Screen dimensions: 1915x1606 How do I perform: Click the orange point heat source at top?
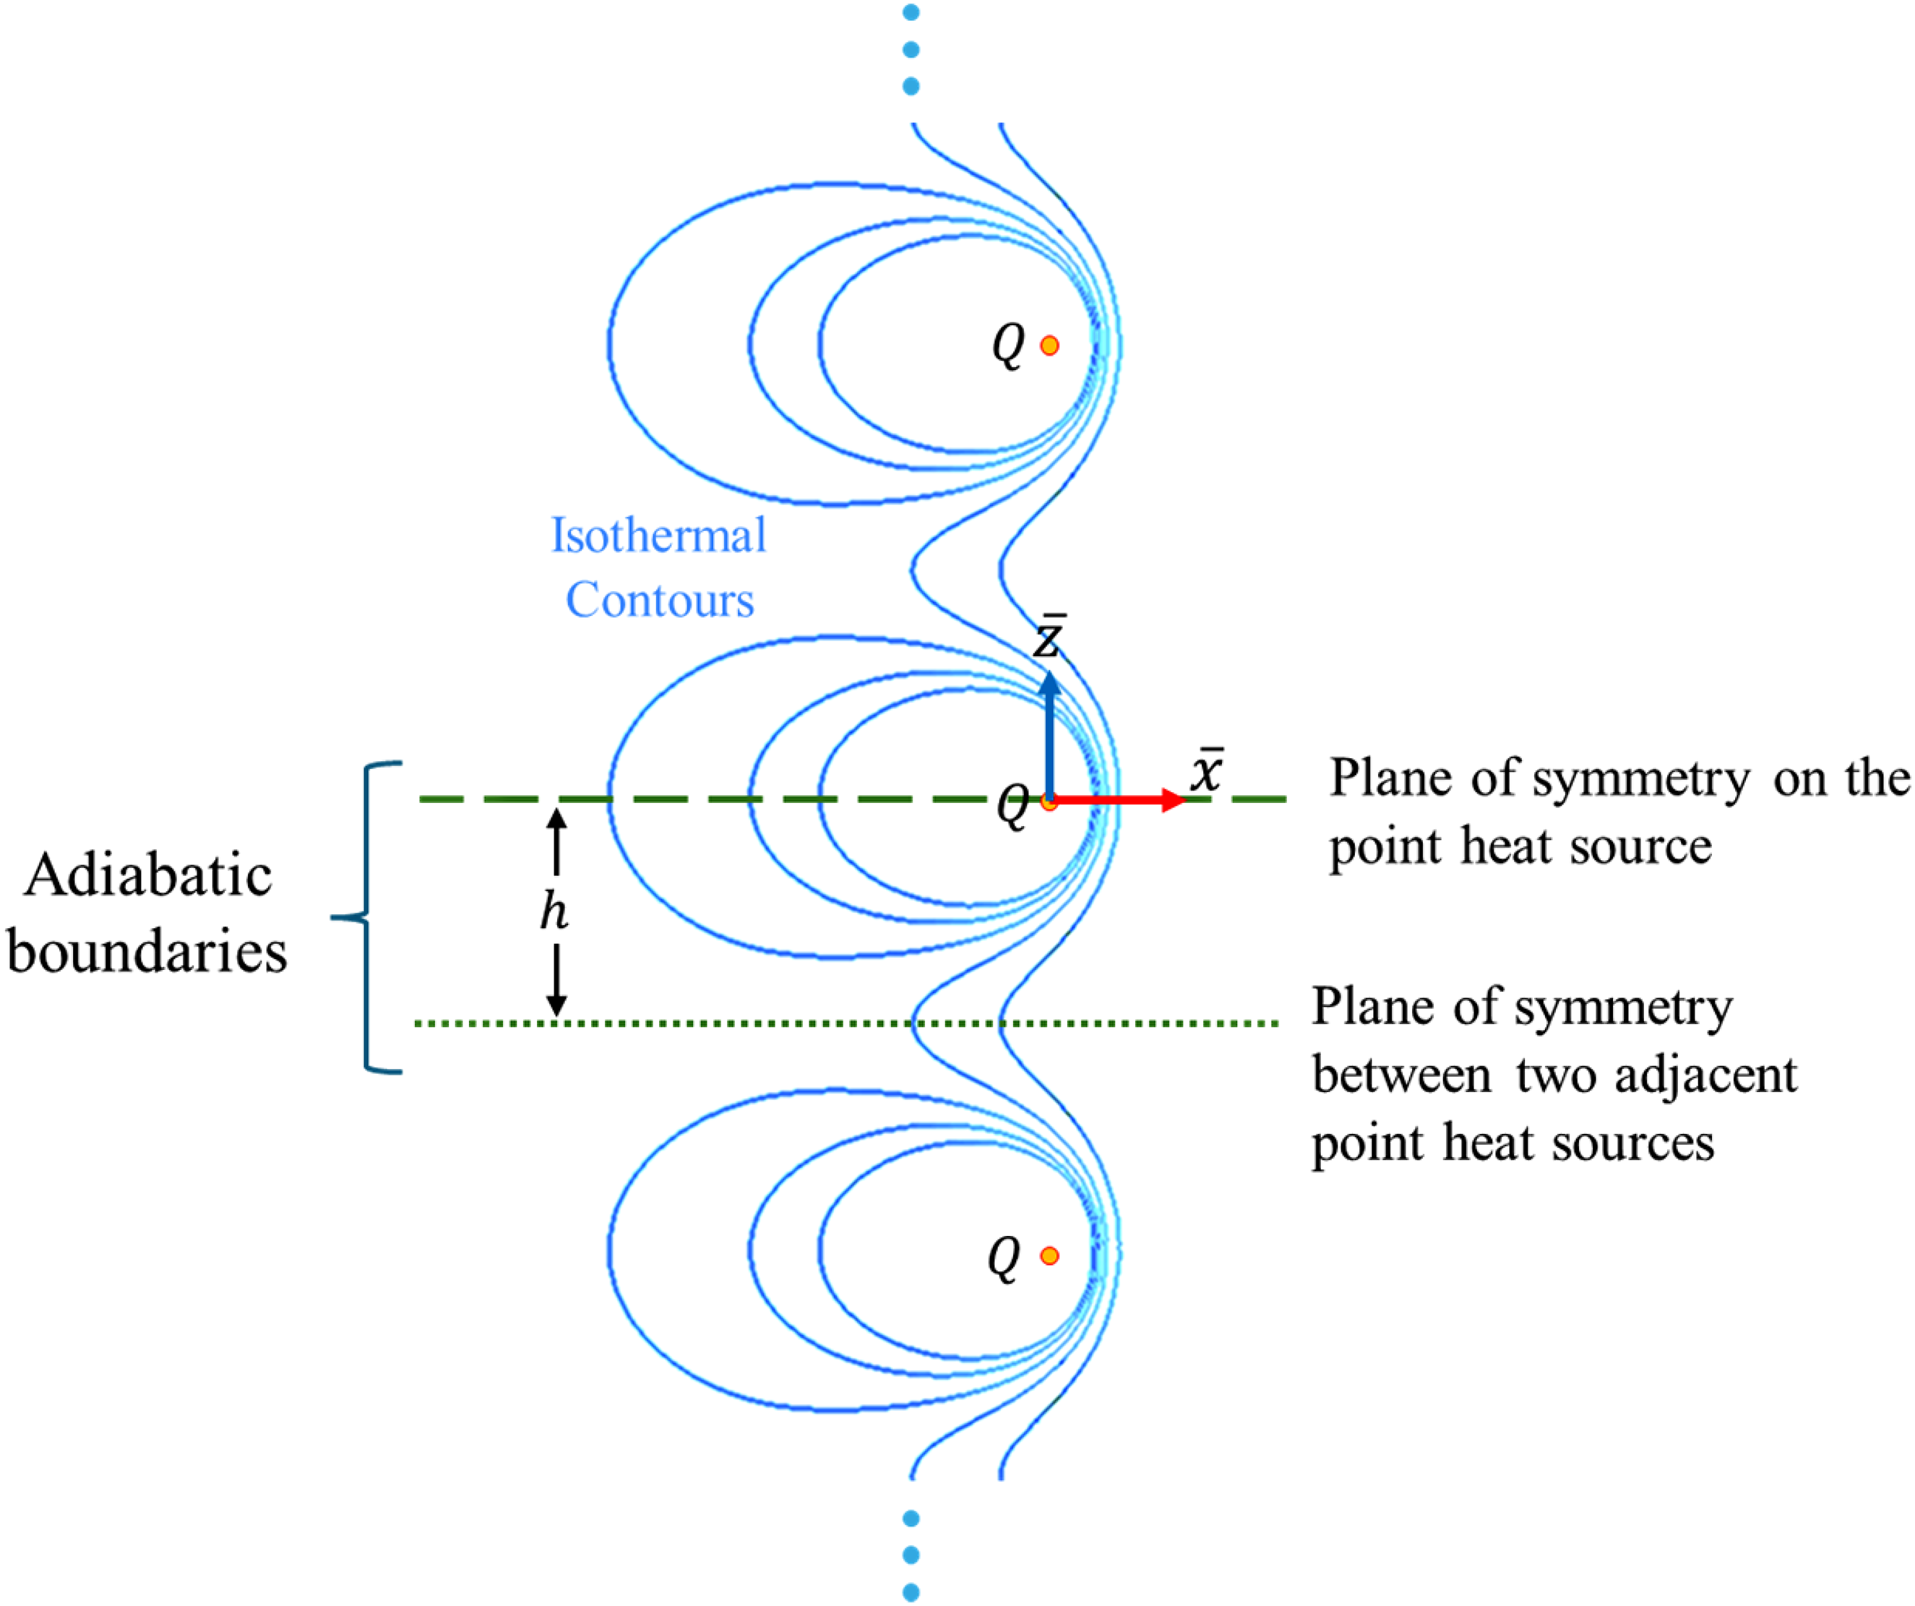click(x=1049, y=345)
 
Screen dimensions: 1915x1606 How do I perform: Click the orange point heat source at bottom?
click(x=1049, y=1255)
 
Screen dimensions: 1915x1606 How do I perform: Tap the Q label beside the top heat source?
click(x=1007, y=346)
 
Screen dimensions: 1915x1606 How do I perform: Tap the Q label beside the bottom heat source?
click(x=1003, y=1258)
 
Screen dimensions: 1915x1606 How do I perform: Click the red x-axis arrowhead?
click(x=1174, y=800)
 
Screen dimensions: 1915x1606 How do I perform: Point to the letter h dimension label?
click(x=554, y=910)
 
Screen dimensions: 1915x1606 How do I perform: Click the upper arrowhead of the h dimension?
click(x=556, y=818)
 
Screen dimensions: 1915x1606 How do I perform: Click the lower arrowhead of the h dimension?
click(x=556, y=1005)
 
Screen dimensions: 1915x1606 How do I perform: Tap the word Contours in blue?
click(x=660, y=599)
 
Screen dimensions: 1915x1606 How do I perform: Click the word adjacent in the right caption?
click(x=1705, y=1076)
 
